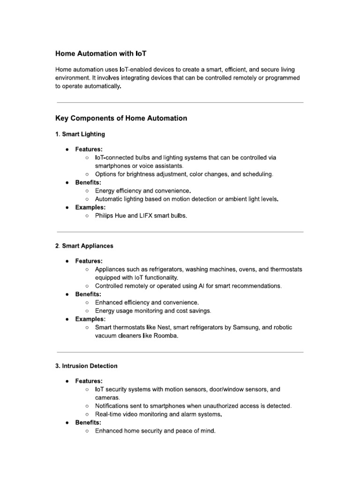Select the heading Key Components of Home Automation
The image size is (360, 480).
(x=121, y=118)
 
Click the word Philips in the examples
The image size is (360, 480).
(x=105, y=216)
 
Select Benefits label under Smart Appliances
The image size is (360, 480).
(x=88, y=294)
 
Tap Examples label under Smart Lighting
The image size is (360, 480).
(x=90, y=207)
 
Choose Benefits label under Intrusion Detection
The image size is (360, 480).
(x=88, y=422)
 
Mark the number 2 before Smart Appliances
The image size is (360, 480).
(x=57, y=246)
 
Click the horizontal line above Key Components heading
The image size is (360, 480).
(x=180, y=102)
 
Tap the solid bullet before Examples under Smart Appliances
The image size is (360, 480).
(x=68, y=319)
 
